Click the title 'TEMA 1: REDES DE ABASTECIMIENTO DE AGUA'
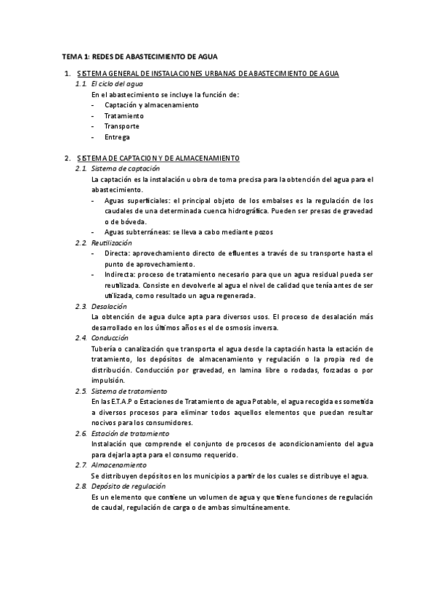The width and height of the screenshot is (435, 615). click(139, 56)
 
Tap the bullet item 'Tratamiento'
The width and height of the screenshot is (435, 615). click(123, 116)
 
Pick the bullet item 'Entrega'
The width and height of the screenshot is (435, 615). click(117, 137)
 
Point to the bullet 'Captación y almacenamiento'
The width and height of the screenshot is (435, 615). click(151, 105)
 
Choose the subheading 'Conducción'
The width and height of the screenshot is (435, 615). click(110, 338)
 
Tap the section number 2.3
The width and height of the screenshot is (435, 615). click(81, 306)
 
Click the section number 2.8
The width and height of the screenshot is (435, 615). click(81, 486)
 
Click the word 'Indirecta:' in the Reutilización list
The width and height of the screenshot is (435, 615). click(120, 274)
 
